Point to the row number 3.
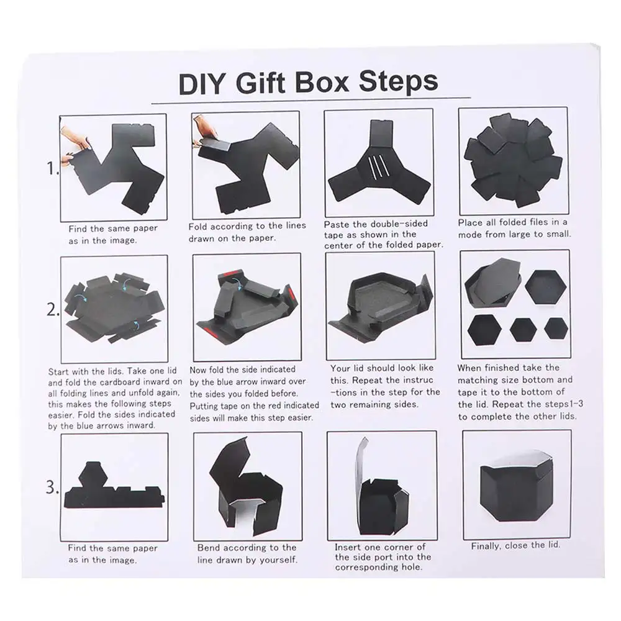click(52, 487)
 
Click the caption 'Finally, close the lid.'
click(515, 545)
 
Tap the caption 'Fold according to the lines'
click(247, 227)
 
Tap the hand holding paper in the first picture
click(76, 142)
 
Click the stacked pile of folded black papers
click(513, 160)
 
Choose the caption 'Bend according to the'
click(247, 548)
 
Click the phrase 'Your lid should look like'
click(382, 368)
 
